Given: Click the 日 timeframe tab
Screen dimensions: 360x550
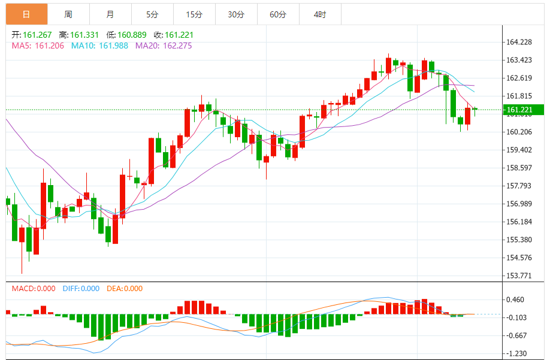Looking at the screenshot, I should [26, 14].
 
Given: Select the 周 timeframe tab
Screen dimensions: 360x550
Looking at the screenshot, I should [68, 14].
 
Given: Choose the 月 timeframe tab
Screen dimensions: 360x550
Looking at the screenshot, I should [110, 14].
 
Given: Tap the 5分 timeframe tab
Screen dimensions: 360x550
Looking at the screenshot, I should [152, 14].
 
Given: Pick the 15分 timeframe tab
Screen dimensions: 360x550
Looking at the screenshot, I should [194, 14].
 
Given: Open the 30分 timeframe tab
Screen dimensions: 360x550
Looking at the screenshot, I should [236, 14].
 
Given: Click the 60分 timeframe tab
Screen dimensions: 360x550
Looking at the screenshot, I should [278, 14].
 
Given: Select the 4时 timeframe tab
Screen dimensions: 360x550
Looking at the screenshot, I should [320, 14].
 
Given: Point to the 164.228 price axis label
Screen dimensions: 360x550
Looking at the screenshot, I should [519, 42].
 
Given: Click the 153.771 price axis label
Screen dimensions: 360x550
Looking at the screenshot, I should [519, 276].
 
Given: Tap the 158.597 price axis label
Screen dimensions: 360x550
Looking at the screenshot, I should [519, 168].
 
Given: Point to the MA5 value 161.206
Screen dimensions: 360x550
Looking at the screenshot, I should [49, 46].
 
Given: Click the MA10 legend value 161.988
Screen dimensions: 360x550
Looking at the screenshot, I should [113, 46].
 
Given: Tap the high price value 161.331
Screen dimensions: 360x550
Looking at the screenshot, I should [84, 35].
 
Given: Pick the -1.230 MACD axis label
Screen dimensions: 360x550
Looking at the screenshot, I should [516, 353].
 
